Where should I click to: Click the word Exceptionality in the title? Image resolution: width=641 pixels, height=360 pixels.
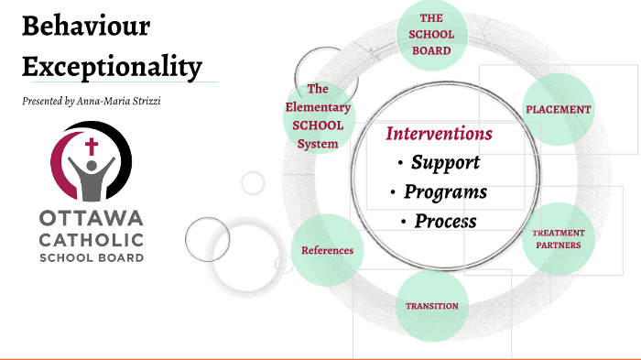point(111,65)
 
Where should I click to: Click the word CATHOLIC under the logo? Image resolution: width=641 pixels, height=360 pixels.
point(91,239)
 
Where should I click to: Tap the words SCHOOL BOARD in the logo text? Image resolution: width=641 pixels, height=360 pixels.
point(91,257)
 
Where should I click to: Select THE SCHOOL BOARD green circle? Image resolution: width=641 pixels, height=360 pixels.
point(430,36)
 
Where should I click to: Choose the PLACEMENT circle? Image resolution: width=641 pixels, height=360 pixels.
point(558,109)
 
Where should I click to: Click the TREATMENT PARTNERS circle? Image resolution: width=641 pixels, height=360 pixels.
point(558,239)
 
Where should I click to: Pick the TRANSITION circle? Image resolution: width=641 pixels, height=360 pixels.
point(431,305)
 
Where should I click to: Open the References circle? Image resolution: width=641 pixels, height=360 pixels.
point(327,250)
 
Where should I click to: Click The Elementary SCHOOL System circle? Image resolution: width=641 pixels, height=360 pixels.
point(318,116)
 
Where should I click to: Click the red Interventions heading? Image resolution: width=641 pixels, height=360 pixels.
point(439,134)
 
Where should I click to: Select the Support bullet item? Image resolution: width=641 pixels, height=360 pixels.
point(444,163)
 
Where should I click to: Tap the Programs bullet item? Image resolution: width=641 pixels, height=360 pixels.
point(445,192)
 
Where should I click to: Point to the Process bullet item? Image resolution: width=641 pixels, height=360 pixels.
point(445,221)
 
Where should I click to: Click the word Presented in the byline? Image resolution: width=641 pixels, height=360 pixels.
point(42,100)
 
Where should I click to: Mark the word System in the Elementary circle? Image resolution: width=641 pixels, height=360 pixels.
point(318,144)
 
